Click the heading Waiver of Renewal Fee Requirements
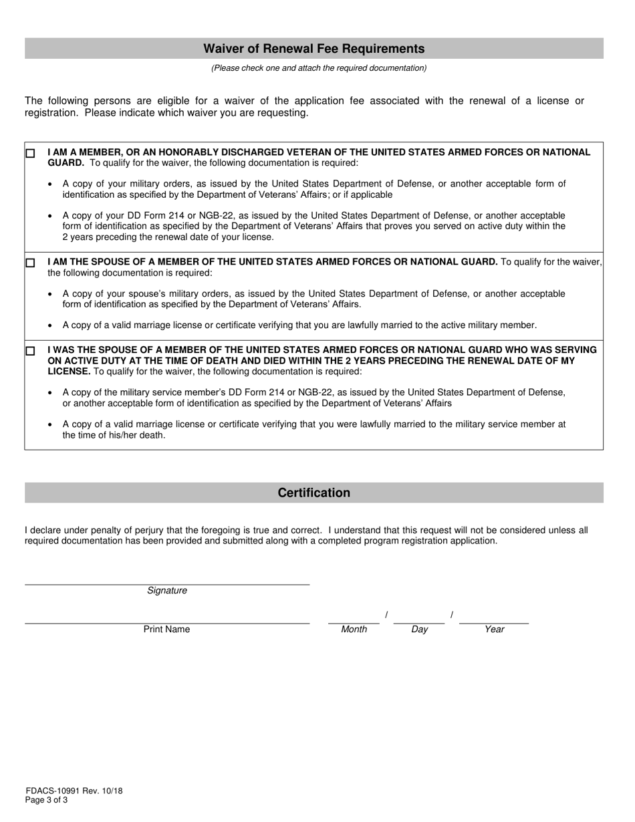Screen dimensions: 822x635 313,49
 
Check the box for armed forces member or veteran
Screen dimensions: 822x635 30,153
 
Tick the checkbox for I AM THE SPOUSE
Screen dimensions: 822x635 30,263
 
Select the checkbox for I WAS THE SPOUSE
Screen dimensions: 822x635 30,351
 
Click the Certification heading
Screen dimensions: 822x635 313,493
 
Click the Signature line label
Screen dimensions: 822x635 167,591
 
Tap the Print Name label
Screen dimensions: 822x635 166,630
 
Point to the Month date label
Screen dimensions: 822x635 354,630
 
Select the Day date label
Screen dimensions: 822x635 419,630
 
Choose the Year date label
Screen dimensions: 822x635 494,630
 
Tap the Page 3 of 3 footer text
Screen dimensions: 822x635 46,800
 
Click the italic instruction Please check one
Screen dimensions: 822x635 319,68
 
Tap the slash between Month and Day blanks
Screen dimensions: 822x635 386,615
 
